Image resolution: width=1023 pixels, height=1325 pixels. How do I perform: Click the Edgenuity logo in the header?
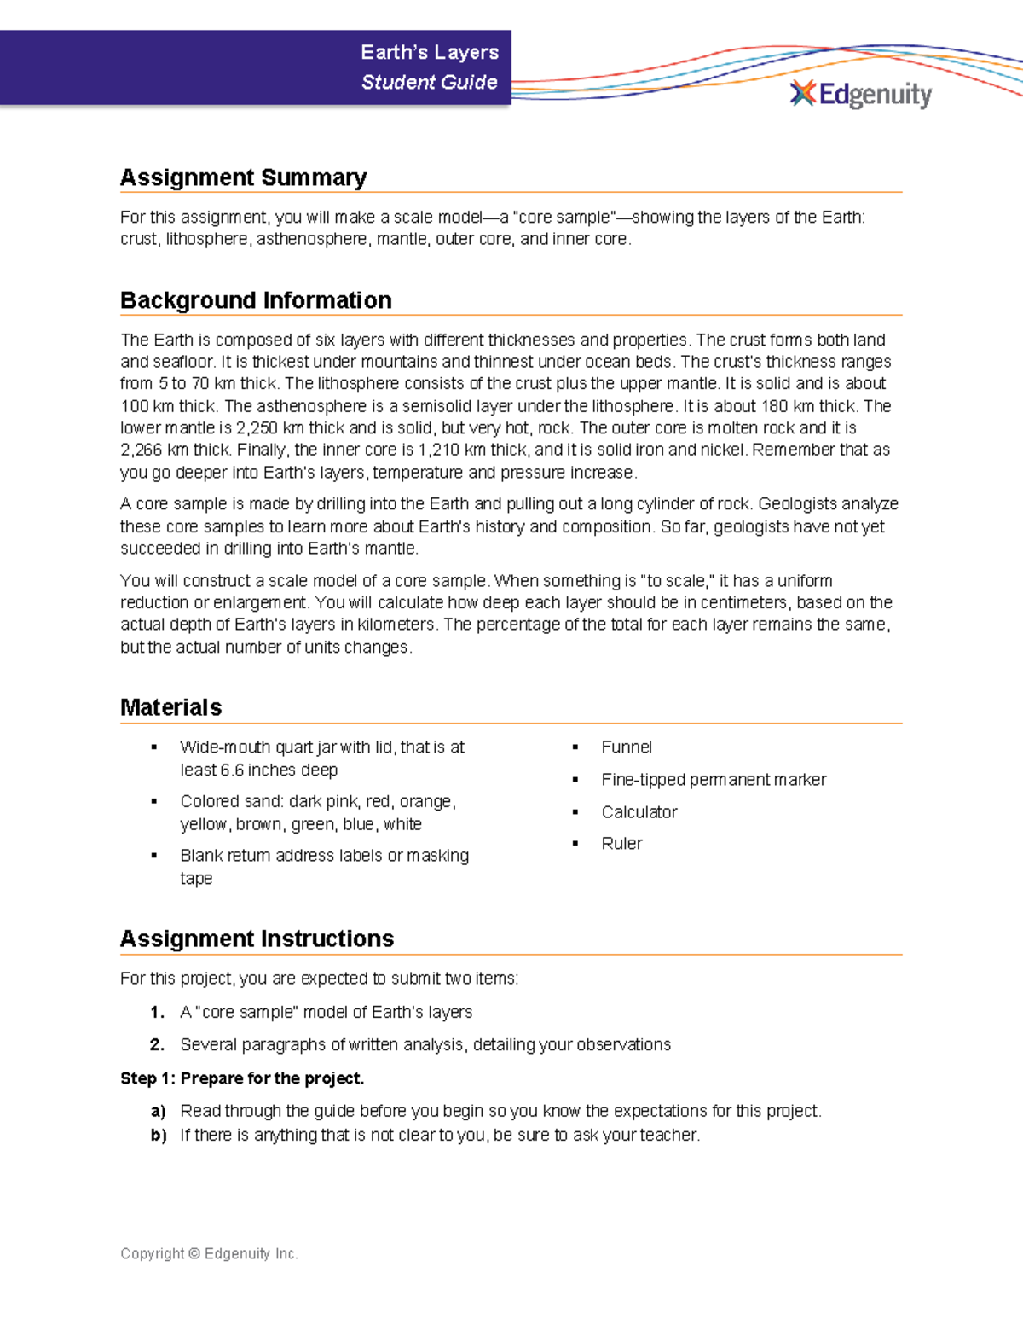point(861,94)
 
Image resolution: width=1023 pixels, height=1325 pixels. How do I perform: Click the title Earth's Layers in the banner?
point(429,53)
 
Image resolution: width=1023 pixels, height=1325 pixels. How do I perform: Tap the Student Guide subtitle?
point(429,83)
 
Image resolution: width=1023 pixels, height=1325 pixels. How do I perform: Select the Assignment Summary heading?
point(243,177)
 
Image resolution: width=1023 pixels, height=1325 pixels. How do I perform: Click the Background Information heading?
point(256,300)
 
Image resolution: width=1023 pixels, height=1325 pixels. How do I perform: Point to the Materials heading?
point(170,707)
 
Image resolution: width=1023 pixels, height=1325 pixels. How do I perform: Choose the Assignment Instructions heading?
point(257,939)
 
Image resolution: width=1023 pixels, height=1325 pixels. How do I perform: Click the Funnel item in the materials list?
point(626,747)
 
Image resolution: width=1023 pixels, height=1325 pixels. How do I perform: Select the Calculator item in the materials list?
point(639,812)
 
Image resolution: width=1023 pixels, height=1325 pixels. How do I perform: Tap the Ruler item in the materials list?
point(621,844)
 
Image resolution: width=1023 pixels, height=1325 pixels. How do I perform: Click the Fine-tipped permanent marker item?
point(714,780)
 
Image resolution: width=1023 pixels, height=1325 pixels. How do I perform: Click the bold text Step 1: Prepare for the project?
point(242,1078)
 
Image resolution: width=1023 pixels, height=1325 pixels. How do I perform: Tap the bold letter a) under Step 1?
point(158,1111)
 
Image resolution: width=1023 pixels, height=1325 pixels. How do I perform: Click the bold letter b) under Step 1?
point(158,1136)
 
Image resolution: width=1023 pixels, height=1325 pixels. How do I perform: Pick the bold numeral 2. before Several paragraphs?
point(157,1045)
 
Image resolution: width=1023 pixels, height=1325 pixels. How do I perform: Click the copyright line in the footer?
point(209,1253)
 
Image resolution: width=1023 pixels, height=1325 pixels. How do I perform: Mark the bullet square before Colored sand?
point(153,802)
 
